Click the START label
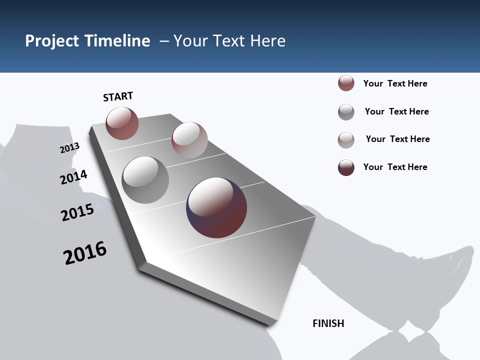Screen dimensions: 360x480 tap(118, 96)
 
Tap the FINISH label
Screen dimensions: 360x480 tap(328, 323)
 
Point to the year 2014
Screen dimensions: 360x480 tap(73, 177)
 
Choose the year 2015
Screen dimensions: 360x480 tap(77, 212)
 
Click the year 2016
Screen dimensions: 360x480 tap(85, 253)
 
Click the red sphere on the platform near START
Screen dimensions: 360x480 tap(122, 123)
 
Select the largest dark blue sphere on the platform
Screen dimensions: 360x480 tap(216, 207)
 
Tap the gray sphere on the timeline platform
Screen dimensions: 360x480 tap(145, 180)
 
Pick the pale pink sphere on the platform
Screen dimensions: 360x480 tap(189, 139)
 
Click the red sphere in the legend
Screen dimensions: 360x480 tap(346, 83)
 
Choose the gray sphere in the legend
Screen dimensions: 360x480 tap(346, 111)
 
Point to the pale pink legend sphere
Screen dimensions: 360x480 tap(346, 139)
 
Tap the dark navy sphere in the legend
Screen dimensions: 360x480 tap(346, 167)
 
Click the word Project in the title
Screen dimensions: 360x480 tap(52, 41)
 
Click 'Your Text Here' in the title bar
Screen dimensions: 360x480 tap(229, 41)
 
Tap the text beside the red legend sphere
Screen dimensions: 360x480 tap(395, 83)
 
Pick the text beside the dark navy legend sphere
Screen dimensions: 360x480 tap(395, 167)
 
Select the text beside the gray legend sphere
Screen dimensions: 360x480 tap(396, 111)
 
